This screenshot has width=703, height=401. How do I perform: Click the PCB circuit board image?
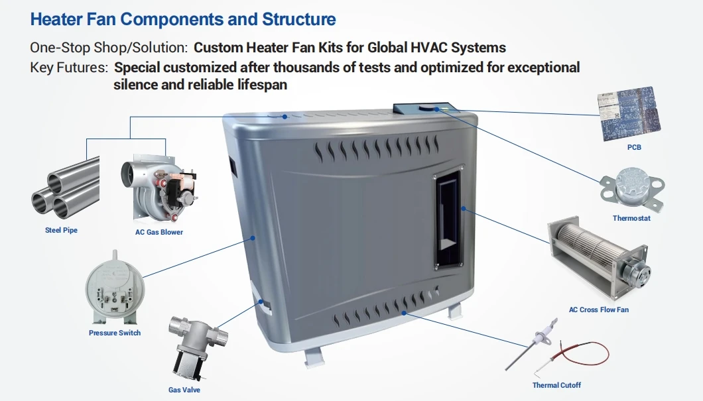(629, 114)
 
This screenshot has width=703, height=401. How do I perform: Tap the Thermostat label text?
(631, 218)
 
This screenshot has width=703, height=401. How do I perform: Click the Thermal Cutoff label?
(556, 385)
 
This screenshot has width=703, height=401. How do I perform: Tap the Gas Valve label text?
(184, 390)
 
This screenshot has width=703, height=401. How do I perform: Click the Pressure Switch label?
(115, 333)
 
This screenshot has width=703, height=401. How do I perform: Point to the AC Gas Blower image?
(159, 189)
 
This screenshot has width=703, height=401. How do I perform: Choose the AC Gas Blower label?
(159, 232)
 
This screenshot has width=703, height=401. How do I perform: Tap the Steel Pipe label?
(62, 230)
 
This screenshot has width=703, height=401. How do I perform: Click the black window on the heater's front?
(448, 219)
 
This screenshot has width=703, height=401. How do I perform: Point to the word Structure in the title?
(299, 19)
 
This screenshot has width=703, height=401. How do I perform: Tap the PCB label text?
(634, 147)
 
